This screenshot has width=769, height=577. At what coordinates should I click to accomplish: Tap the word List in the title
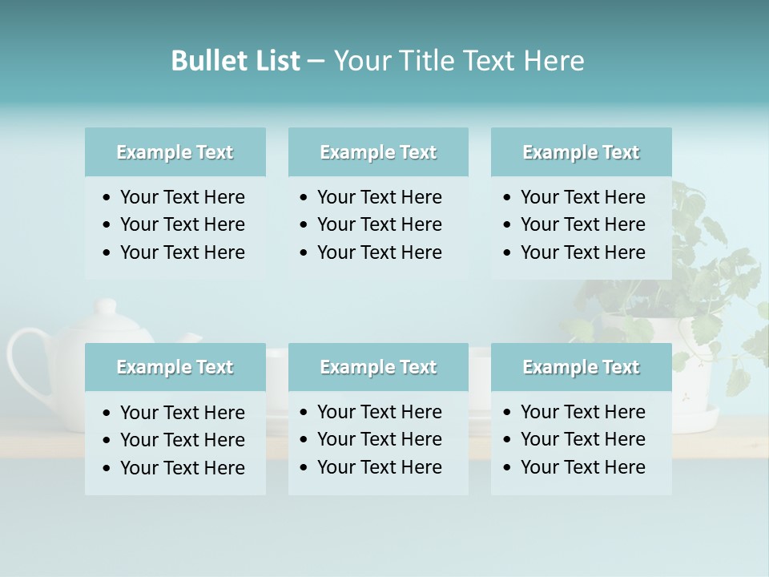[x=276, y=61]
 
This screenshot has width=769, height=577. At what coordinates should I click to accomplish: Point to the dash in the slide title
[x=316, y=62]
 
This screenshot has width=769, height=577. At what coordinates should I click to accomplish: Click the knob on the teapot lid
[x=106, y=307]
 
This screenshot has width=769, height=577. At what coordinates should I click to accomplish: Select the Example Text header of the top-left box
[x=175, y=152]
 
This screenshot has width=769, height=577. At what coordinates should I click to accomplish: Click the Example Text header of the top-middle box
[x=378, y=152]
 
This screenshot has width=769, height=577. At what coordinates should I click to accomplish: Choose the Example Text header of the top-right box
[x=581, y=152]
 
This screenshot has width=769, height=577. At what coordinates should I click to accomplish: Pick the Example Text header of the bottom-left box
[x=175, y=367]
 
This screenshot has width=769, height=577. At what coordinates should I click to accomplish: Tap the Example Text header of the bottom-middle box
[x=378, y=367]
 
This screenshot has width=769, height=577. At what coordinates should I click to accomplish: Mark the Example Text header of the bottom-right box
[x=581, y=367]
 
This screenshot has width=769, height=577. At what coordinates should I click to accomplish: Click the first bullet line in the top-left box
[x=182, y=197]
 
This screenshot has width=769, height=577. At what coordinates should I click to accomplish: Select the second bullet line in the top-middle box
[x=379, y=224]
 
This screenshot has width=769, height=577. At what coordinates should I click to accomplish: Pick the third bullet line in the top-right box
[x=582, y=252]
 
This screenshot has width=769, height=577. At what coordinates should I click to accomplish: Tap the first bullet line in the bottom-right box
[x=582, y=412]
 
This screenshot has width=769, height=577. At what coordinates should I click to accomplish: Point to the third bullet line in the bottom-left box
[x=182, y=468]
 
